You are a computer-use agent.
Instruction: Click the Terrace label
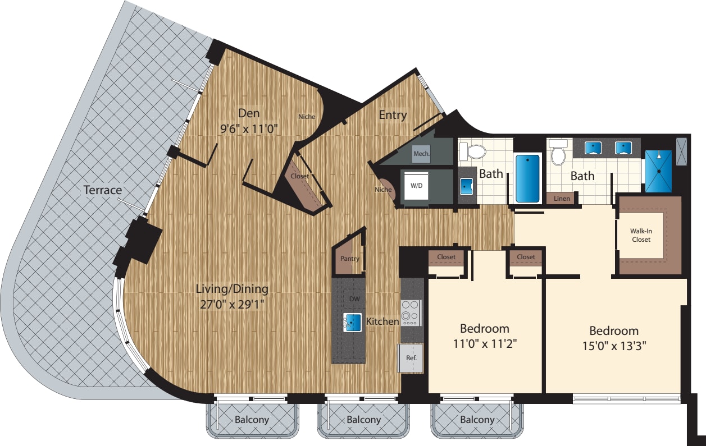coord(103,190)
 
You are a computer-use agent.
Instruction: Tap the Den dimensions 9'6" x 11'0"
coord(249,128)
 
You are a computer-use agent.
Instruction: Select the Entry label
coord(393,115)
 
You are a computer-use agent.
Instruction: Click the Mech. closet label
coord(421,153)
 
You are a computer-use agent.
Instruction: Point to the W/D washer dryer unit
coord(416,185)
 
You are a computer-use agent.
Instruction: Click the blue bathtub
coord(527,178)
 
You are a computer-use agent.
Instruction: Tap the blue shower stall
coord(658,171)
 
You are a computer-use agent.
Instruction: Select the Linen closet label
coord(562,199)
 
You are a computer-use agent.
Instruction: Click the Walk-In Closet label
coord(641,235)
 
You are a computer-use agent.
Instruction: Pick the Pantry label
coord(350,259)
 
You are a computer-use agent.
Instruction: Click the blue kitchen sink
coord(353,322)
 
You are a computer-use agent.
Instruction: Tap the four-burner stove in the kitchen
coord(410,313)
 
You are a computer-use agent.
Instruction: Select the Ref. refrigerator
coord(410,357)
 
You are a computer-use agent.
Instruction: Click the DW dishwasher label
coord(354,299)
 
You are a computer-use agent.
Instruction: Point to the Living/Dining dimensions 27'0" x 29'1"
coord(232,305)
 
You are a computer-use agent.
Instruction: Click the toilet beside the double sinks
coord(558,154)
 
